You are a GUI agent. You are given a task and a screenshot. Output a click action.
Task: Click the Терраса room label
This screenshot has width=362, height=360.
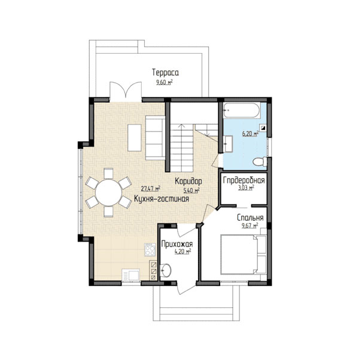pyautogui.click(x=165, y=72)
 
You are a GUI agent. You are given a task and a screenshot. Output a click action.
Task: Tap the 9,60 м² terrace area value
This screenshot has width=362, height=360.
pyautogui.click(x=165, y=82)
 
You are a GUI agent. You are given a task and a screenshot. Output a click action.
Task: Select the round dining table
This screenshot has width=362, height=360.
pyautogui.click(x=109, y=193)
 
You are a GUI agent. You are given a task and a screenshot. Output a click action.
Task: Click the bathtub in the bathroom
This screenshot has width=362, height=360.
pyautogui.click(x=242, y=111)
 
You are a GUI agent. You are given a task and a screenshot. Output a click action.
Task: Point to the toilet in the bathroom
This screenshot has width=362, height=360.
pyautogui.click(x=260, y=161)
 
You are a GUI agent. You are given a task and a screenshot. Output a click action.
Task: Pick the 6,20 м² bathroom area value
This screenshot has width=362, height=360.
pyautogui.click(x=250, y=133)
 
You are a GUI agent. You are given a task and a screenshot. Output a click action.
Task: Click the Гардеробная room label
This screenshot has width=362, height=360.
pyautogui.click(x=244, y=180)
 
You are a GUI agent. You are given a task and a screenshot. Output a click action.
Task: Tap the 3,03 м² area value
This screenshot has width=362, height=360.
pyautogui.click(x=246, y=188)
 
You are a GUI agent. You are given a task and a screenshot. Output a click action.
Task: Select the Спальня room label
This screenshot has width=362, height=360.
pyautogui.click(x=250, y=218)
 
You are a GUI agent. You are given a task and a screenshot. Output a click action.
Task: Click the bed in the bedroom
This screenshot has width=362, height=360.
pyautogui.click(x=244, y=254)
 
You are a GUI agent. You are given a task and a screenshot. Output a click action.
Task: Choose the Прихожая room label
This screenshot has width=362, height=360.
pyautogui.click(x=177, y=244)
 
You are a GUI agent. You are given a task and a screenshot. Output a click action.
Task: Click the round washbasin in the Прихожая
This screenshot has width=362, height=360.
pyautogui.click(x=166, y=270)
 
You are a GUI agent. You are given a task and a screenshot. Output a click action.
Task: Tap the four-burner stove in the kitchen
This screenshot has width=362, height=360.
pyautogui.click(x=150, y=250)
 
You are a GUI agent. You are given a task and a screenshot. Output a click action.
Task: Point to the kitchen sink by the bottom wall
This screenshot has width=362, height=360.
pyautogui.click(x=130, y=275)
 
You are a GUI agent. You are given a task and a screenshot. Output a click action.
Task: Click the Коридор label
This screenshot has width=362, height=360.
pyautogui.click(x=188, y=181)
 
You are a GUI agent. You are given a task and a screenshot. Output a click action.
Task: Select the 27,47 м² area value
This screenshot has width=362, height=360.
pyautogui.click(x=151, y=189)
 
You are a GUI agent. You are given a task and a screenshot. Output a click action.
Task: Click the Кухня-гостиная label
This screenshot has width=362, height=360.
pyautogui.click(x=162, y=199)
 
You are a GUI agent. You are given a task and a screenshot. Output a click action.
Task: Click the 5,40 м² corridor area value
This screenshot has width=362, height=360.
pyautogui.click(x=191, y=191)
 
